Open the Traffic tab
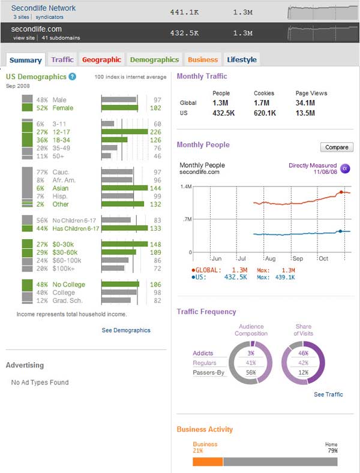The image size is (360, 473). pos(62,59)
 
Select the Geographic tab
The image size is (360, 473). pos(101,59)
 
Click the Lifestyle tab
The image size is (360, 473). pos(242,59)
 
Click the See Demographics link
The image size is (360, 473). pos(126,330)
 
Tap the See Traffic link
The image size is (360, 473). pos(328,394)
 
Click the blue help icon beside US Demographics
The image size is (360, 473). pos(73,77)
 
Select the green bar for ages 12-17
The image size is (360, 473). pos(124,132)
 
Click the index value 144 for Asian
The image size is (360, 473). pos(155,188)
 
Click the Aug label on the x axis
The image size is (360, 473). pos(270,258)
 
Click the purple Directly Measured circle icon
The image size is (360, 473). pos(345,168)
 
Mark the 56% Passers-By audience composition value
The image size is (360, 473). pos(251,372)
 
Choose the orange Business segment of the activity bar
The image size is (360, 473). pos(208,462)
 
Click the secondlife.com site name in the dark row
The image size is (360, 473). pos(36,29)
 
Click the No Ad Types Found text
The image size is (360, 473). pos(40,382)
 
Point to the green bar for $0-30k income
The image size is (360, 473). pos(124,244)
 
